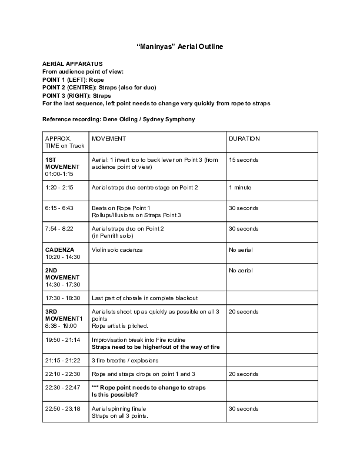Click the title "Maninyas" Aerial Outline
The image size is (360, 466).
180,46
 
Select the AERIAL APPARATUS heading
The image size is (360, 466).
73,63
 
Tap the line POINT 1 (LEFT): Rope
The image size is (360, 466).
73,79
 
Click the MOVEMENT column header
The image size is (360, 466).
109,139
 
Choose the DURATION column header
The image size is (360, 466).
244,139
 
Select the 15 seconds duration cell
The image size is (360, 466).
244,160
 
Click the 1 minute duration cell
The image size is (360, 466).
240,187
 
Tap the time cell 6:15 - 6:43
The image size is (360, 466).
59,208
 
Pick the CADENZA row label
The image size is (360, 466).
59,250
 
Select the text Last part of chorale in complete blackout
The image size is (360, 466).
145,298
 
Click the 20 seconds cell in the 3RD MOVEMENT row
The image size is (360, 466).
244,311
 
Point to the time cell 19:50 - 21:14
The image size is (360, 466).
62,340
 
